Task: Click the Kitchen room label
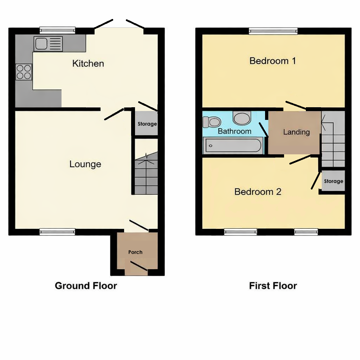tap(88, 64)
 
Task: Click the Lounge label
tap(85, 164)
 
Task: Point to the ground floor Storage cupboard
tap(147, 124)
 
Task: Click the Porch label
tap(135, 252)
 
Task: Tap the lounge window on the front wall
tap(57, 231)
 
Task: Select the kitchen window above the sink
tap(57, 30)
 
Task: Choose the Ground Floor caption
tap(86, 285)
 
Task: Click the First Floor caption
tap(273, 285)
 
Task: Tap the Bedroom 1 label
tap(272, 61)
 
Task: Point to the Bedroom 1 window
tap(273, 31)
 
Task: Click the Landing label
tap(296, 132)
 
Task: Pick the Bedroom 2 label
tap(258, 192)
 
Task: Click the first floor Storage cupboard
tap(333, 181)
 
